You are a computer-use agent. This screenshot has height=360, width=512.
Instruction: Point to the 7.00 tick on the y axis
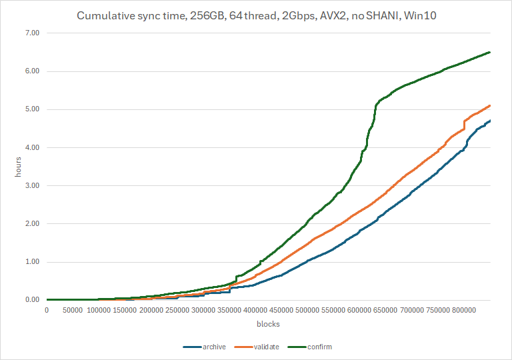click(32, 33)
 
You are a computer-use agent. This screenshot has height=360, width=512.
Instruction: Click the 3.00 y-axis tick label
click(32, 185)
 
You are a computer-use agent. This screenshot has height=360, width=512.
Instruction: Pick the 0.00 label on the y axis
click(32, 300)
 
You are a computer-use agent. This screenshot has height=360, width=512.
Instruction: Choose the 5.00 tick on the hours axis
click(32, 109)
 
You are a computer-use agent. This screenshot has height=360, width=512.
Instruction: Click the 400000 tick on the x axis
click(255, 310)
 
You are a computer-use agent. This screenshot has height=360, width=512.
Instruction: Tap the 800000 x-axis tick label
click(464, 310)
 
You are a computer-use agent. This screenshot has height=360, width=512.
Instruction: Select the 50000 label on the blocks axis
click(73, 310)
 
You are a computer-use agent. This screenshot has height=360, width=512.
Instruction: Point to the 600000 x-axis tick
click(359, 310)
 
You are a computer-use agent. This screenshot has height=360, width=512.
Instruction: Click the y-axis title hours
click(18, 167)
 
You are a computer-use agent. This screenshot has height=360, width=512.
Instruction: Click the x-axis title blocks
click(268, 324)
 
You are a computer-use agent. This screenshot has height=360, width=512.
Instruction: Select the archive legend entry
click(205, 347)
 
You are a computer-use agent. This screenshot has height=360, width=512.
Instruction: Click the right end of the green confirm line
click(490, 52)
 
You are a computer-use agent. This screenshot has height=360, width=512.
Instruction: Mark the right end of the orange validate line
click(490, 105)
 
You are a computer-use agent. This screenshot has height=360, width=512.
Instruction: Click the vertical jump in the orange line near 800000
click(464, 125)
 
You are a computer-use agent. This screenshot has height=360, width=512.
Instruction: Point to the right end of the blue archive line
click(490, 121)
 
